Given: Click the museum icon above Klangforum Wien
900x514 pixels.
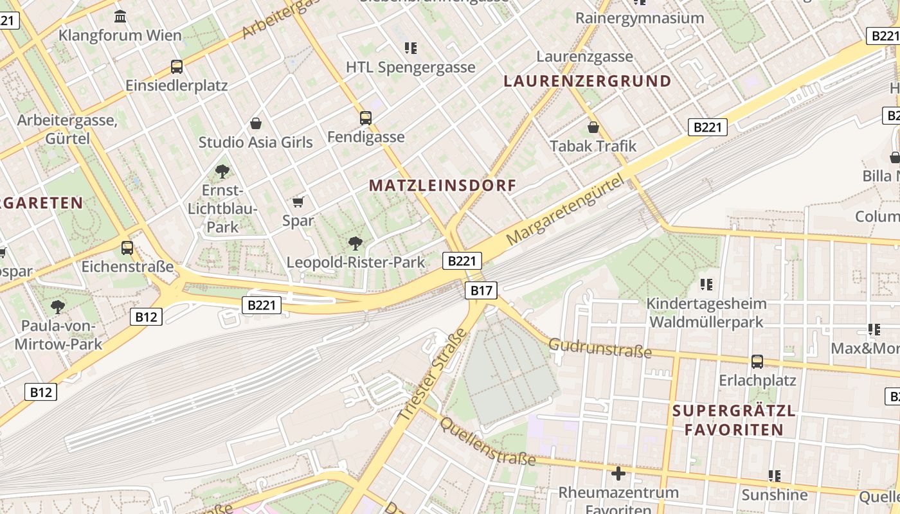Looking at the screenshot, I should (x=120, y=15).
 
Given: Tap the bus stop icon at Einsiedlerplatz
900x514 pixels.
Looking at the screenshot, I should (x=176, y=66).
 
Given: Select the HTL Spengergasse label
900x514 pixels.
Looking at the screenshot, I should (x=410, y=67).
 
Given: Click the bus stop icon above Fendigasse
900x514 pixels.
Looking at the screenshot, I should (x=365, y=118).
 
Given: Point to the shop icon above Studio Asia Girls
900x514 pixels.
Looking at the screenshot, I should (x=256, y=123).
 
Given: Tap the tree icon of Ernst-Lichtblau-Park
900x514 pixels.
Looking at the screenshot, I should (x=222, y=171).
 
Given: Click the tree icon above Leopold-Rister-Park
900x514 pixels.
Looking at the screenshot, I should (x=355, y=243).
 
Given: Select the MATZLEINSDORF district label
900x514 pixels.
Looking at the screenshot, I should (x=442, y=186).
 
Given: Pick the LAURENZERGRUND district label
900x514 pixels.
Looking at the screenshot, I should (x=588, y=81).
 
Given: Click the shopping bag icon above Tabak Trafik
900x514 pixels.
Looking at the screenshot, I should (x=593, y=127).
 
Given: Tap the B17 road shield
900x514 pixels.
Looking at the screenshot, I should (x=481, y=290).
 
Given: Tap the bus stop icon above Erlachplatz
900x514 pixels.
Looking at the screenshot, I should (x=757, y=362).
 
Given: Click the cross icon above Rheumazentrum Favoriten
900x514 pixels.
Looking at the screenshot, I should (x=618, y=474).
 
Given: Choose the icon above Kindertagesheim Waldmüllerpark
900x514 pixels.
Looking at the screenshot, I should (x=706, y=284).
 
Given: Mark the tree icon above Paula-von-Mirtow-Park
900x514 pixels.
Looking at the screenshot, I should (x=58, y=306).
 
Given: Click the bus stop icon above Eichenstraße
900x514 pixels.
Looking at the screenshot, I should (x=127, y=247).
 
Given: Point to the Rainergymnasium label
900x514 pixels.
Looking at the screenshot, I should (x=640, y=18).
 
